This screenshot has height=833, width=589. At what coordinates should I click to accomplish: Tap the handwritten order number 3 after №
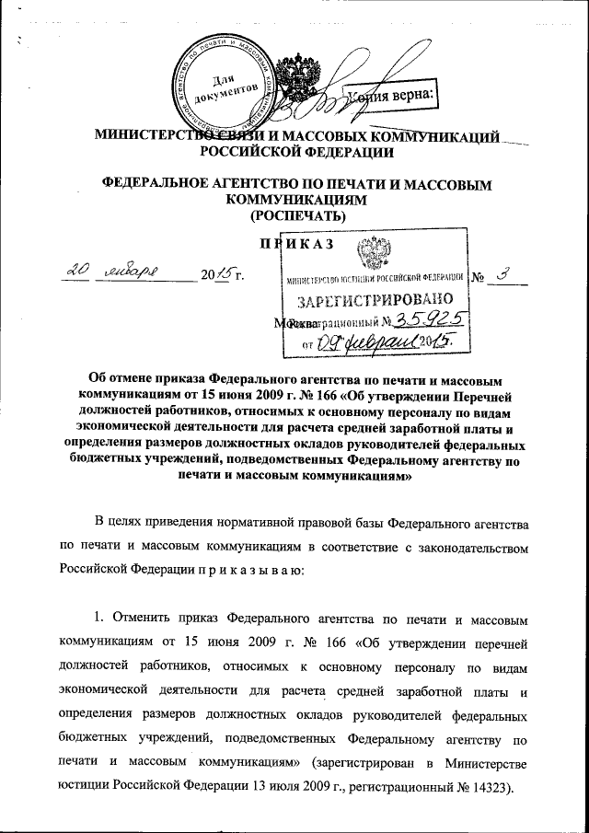click(501, 272)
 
